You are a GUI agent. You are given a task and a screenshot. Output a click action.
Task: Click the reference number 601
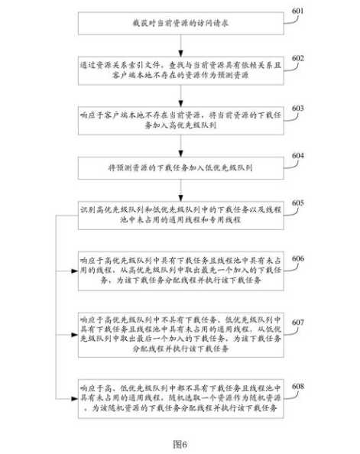click(297, 11)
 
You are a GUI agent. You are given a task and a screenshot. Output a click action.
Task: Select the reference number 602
click(297, 58)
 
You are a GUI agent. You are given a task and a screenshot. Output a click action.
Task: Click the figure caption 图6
click(180, 443)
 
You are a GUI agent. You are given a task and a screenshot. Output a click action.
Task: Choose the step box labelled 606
click(180, 270)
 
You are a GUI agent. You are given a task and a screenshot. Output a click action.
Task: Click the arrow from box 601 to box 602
click(180, 44)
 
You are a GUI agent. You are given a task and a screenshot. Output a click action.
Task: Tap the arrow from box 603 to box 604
click(180, 141)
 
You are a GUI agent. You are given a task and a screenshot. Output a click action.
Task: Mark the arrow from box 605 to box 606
click(180, 239)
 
